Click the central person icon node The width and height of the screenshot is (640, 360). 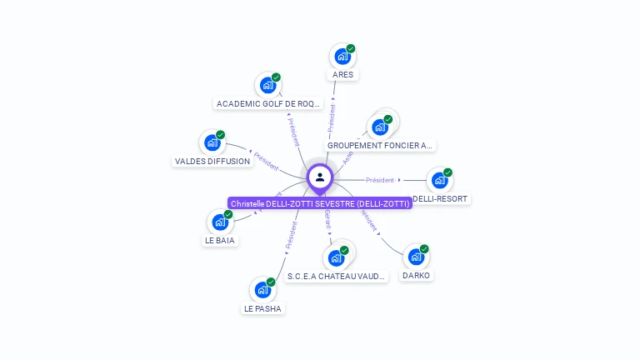click(320, 177)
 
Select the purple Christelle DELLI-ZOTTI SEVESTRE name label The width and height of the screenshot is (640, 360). click(320, 203)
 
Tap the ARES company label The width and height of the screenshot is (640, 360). click(342, 74)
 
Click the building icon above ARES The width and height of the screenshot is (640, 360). click(342, 57)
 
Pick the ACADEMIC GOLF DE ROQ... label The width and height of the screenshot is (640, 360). click(267, 104)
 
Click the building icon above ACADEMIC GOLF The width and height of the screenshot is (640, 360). click(267, 85)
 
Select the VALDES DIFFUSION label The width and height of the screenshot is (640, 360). click(212, 161)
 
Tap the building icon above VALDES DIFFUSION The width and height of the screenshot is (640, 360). click(212, 142)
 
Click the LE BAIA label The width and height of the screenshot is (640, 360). click(220, 240)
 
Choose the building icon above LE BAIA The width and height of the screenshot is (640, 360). click(220, 222)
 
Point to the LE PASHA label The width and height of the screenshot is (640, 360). click(262, 308)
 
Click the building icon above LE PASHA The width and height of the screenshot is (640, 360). click(262, 289)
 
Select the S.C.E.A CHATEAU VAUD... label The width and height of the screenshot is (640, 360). click(337, 276)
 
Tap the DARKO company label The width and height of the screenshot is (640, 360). click(417, 275)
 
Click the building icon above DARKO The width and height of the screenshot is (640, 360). click(416, 257)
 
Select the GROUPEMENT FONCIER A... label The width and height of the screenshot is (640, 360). click(380, 145)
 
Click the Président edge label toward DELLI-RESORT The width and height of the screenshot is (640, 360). click(379, 180)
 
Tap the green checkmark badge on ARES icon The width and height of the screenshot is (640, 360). click(351, 48)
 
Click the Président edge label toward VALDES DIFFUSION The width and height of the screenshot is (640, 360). click(266, 161)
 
